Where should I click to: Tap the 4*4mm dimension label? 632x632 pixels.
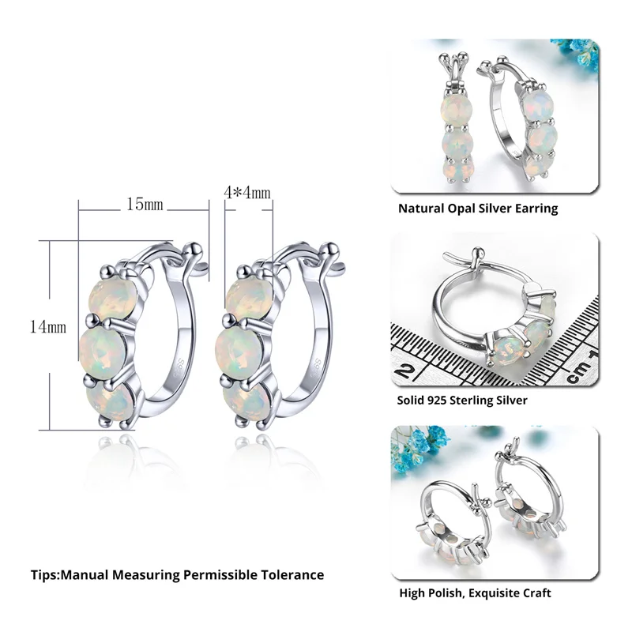click(x=248, y=193)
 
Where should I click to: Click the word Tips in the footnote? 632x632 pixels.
click(x=45, y=574)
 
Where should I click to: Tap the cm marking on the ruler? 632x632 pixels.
click(x=581, y=367)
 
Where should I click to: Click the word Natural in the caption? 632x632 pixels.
click(x=421, y=209)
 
